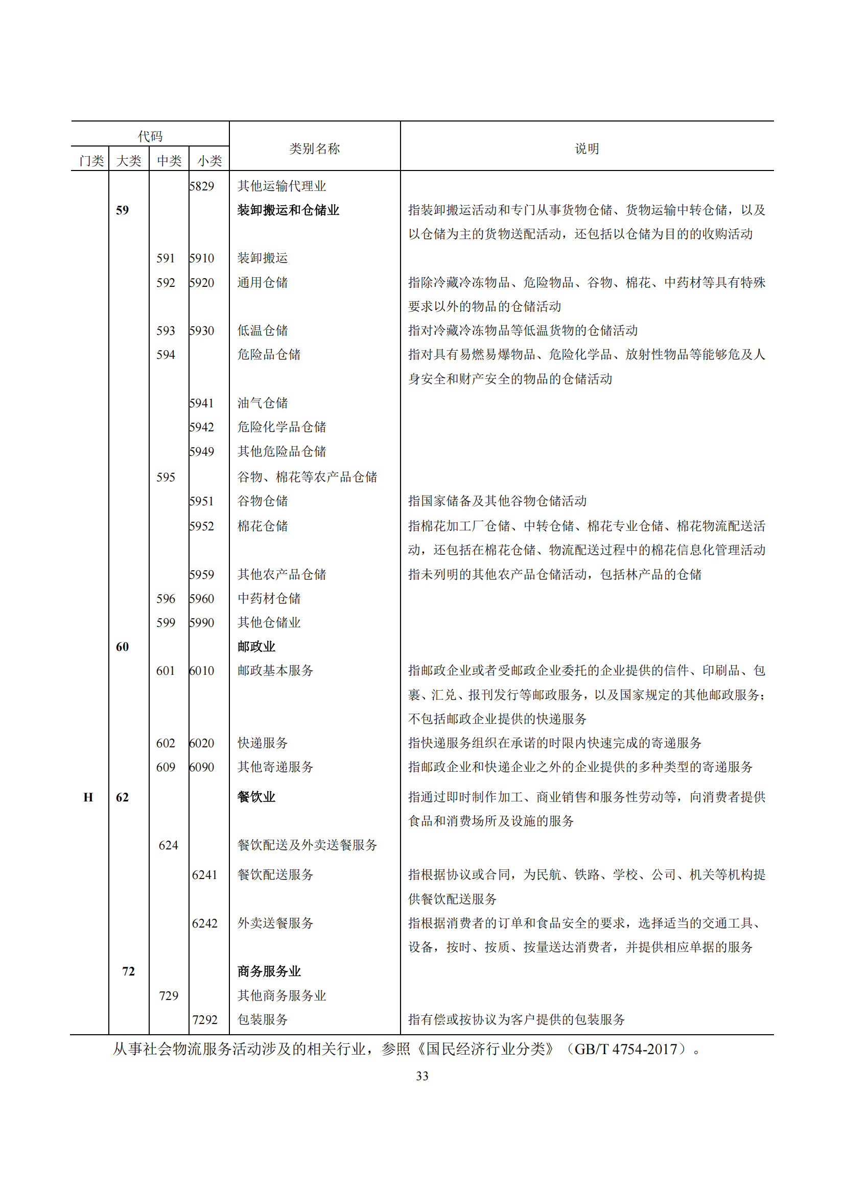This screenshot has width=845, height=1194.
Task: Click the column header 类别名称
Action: pos(314,149)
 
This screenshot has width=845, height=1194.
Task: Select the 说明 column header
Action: pos(586,149)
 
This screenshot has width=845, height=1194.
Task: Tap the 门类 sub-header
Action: pos(91,161)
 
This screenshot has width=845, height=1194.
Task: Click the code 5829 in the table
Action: pos(202,186)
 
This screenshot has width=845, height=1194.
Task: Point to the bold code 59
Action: pos(122,210)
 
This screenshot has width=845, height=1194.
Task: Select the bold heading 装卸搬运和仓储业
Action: pos(288,210)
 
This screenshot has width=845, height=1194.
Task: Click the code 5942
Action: pos(202,427)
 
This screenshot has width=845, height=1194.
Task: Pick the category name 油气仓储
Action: pos(262,403)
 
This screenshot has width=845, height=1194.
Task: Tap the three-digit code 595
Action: pos(166,477)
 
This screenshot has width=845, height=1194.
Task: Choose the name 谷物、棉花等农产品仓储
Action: pos(307,477)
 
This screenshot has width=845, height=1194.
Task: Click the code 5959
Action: pos(202,574)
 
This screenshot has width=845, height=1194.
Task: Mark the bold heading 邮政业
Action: pos(256,646)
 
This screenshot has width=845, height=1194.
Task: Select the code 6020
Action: pos(202,743)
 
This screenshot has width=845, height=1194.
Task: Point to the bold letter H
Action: pos(88,797)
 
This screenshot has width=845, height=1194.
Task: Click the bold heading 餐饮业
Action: pos(256,797)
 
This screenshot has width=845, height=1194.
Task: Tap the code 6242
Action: pos(204,923)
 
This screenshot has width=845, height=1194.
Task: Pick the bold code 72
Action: pos(128,971)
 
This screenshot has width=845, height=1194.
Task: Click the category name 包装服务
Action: pos(262,1019)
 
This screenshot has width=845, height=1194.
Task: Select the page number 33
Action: pos(422,1076)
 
